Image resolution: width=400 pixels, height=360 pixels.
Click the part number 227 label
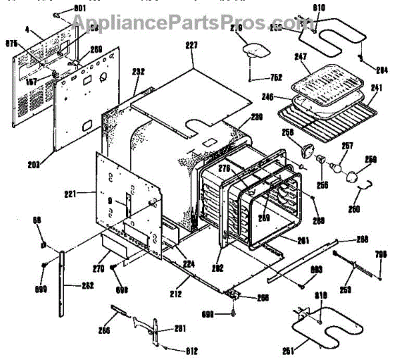(x=192, y=45)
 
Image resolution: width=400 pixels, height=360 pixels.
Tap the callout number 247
(x=301, y=58)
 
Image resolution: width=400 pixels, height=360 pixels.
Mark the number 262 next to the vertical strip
(x=88, y=286)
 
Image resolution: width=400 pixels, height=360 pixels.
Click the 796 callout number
(x=380, y=253)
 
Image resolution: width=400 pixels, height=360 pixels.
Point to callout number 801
(x=79, y=7)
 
